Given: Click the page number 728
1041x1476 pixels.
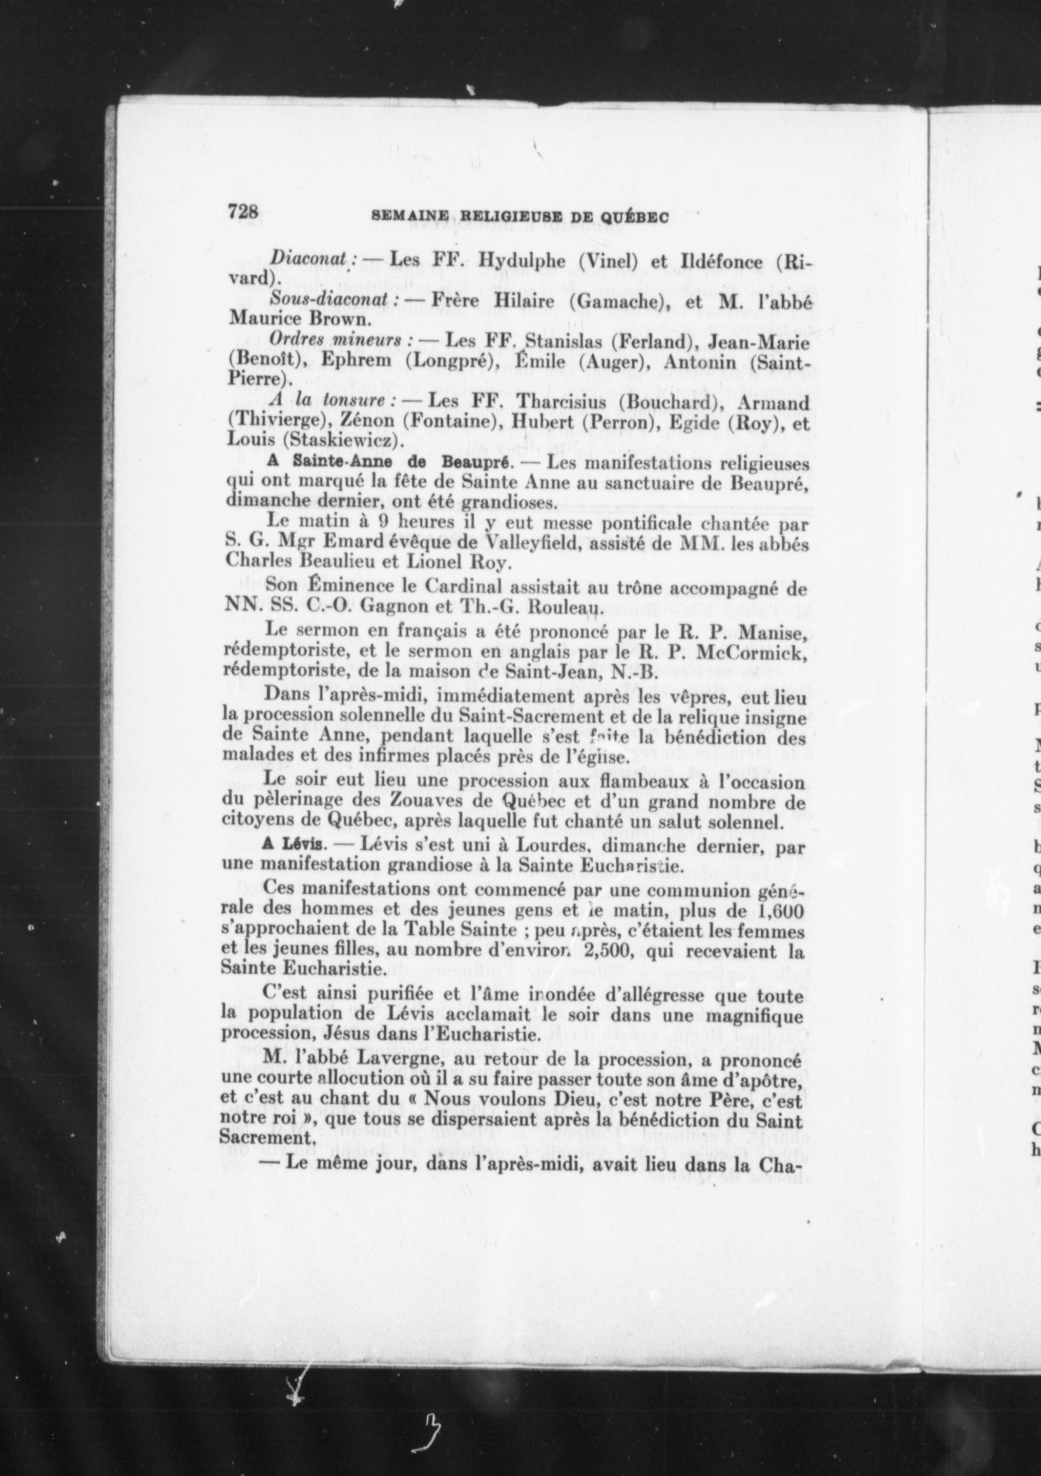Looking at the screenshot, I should [243, 212].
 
